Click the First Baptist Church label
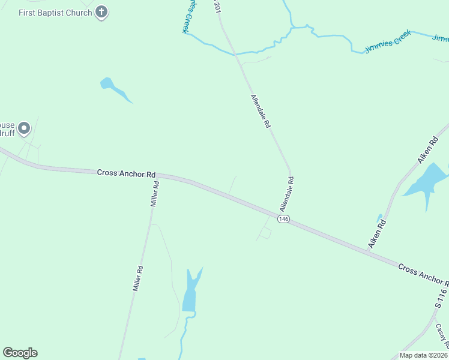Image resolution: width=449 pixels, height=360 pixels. (55, 13)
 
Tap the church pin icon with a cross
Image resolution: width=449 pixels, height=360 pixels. (102, 12)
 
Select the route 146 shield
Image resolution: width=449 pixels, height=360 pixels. (284, 220)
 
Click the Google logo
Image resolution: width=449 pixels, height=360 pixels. (20, 353)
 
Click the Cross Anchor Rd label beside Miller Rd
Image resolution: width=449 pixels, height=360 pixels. (126, 173)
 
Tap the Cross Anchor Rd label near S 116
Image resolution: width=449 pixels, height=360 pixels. (423, 274)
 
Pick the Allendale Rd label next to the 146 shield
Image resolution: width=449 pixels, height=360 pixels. (286, 194)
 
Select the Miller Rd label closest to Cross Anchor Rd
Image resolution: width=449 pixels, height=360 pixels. (155, 194)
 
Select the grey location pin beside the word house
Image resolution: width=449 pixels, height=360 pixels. (24, 128)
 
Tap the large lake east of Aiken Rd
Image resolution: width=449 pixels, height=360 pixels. (427, 182)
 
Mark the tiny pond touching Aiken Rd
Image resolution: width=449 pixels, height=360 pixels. (379, 217)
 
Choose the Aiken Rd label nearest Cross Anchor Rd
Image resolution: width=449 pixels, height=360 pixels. (376, 235)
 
